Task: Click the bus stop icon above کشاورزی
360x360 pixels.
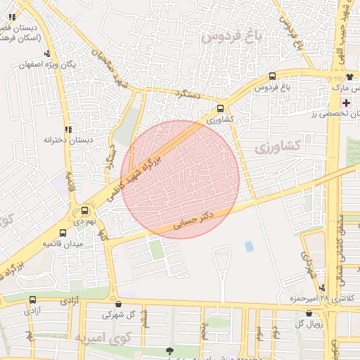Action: click(x=221, y=109)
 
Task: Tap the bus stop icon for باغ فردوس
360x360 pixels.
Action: click(x=272, y=77)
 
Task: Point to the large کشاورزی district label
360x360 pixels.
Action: click(x=277, y=147)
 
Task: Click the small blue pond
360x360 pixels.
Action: click(x=249, y=247)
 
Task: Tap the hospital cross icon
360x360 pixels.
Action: click(x=345, y=103)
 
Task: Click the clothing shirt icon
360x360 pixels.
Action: click(x=349, y=76)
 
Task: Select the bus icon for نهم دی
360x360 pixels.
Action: click(x=85, y=210)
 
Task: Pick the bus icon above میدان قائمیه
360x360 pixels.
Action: click(x=63, y=233)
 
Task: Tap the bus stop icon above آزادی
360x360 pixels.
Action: click(x=32, y=300)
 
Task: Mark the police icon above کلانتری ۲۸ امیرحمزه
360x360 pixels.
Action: click(x=321, y=287)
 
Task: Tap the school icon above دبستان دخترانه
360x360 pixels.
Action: click(x=68, y=129)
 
